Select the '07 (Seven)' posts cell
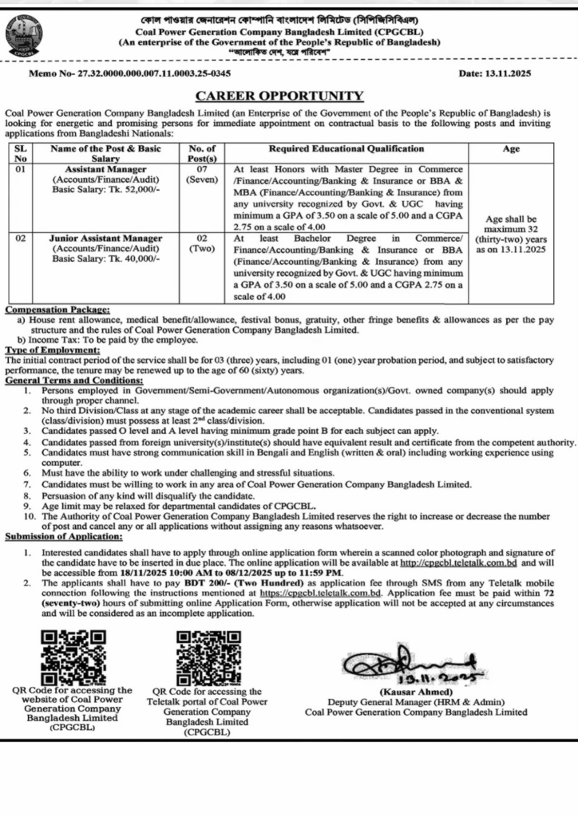coord(201,175)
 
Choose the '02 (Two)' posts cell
coord(201,243)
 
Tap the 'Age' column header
coord(511,148)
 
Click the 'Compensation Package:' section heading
coord(57,310)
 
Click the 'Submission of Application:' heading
coord(64,536)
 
